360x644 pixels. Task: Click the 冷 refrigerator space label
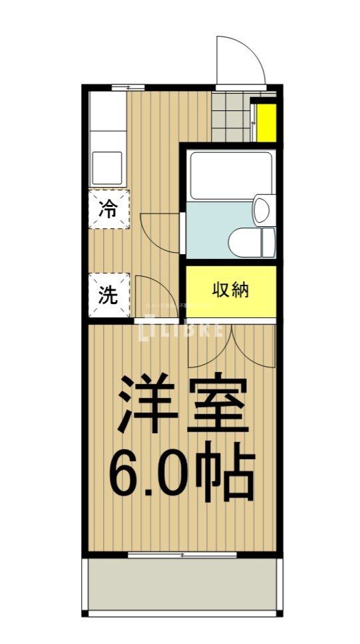108,209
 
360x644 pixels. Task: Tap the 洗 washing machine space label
108,295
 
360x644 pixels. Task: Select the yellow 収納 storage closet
230,291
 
